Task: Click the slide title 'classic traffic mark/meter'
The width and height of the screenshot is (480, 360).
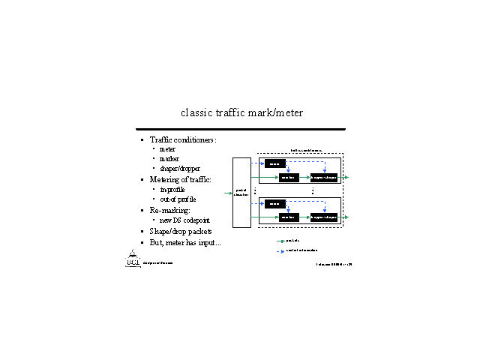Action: tap(241, 112)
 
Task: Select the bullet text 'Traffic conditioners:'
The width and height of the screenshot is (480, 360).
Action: tap(183, 139)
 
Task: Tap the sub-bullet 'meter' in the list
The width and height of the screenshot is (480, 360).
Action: tap(167, 149)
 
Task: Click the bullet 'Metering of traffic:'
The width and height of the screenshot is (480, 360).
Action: tap(180, 180)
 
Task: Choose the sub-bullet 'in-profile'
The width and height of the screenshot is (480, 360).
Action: tap(172, 190)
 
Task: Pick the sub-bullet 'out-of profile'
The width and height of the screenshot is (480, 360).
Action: tap(178, 199)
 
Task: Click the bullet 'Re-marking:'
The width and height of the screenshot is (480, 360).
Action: tap(170, 211)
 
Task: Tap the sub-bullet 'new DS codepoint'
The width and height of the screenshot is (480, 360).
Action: tap(185, 220)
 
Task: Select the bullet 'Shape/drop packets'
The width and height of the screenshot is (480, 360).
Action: tap(181, 232)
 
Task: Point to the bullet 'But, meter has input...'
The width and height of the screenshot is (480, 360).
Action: tap(185, 243)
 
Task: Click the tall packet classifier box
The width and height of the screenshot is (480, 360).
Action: tap(241, 192)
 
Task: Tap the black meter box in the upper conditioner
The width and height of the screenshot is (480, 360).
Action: tap(275, 163)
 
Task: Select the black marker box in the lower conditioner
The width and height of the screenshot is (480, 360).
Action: tap(289, 217)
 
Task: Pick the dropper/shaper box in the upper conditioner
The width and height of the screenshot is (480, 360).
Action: tap(325, 178)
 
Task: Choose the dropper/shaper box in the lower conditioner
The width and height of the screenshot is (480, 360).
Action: tap(325, 217)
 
